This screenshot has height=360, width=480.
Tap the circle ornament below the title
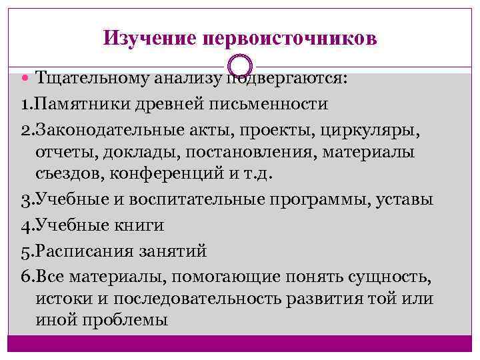(x=240, y=66)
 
